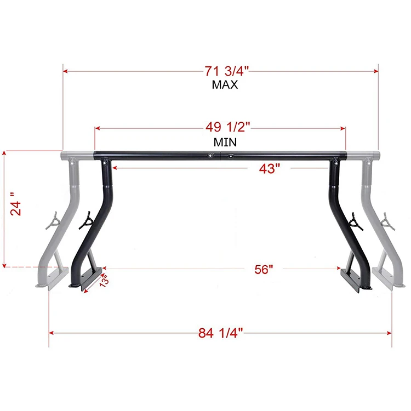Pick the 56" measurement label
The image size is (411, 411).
point(264,269)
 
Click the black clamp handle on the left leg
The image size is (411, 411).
point(87,220)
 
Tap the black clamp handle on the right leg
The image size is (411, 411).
point(355,221)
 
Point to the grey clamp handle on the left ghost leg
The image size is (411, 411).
point(54,221)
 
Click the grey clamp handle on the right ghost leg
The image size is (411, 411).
point(389,220)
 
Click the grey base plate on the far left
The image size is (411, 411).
point(50,277)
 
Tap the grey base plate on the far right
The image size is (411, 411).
point(389,276)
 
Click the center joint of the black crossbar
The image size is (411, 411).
point(220,155)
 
